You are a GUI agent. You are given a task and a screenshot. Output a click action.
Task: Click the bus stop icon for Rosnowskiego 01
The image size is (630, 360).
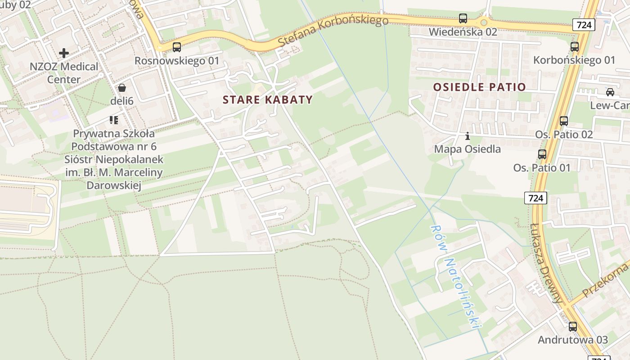coord(177,47)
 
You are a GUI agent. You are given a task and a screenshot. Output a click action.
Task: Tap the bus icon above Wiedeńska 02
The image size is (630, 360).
coord(463,18)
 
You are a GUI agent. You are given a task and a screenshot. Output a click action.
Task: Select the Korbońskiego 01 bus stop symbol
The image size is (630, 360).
coord(574,46)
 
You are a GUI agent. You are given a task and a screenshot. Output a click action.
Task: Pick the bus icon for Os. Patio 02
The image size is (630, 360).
coord(563,121)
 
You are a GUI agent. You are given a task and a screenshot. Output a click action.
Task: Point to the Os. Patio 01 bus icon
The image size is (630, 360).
coord(542,154)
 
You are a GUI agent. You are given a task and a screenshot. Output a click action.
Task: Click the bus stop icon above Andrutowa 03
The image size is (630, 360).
coord(572,326)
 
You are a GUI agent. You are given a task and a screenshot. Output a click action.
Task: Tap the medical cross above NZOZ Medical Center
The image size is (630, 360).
coord(64,53)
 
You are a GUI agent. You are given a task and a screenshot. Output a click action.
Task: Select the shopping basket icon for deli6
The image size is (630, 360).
coord(122,88)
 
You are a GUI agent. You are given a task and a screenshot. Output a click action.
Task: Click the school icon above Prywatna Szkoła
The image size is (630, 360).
coord(113,120)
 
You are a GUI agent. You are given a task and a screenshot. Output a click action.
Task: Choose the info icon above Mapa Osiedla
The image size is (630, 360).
coord(468,135)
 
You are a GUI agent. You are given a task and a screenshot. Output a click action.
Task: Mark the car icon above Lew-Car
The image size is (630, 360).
coord(610,92)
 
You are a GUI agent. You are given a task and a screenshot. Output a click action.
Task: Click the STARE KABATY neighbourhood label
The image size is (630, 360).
coord(267,99)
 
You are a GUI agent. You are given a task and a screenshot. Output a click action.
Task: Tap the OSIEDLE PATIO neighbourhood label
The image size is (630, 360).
coord(479,87)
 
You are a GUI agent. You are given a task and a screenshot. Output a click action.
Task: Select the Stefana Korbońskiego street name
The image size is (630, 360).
coord(333,30)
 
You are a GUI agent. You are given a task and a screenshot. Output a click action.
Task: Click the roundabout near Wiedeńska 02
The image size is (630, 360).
coord(484,22)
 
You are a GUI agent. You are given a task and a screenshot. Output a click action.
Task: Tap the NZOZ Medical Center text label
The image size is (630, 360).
coord(64,73)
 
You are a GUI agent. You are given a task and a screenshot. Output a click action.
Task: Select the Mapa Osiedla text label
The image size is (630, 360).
coord(467,149)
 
